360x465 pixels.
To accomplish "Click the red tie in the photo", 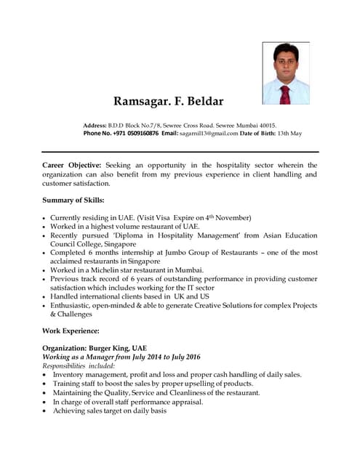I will (x=285, y=93).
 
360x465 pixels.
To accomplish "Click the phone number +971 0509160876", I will (x=132, y=134).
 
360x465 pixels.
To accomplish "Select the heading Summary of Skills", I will (x=73, y=200).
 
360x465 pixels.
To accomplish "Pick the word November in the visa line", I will (x=230, y=217).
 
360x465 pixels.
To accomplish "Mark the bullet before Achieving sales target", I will (x=45, y=411).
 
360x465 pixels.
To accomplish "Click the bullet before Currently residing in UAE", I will (x=45, y=218).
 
